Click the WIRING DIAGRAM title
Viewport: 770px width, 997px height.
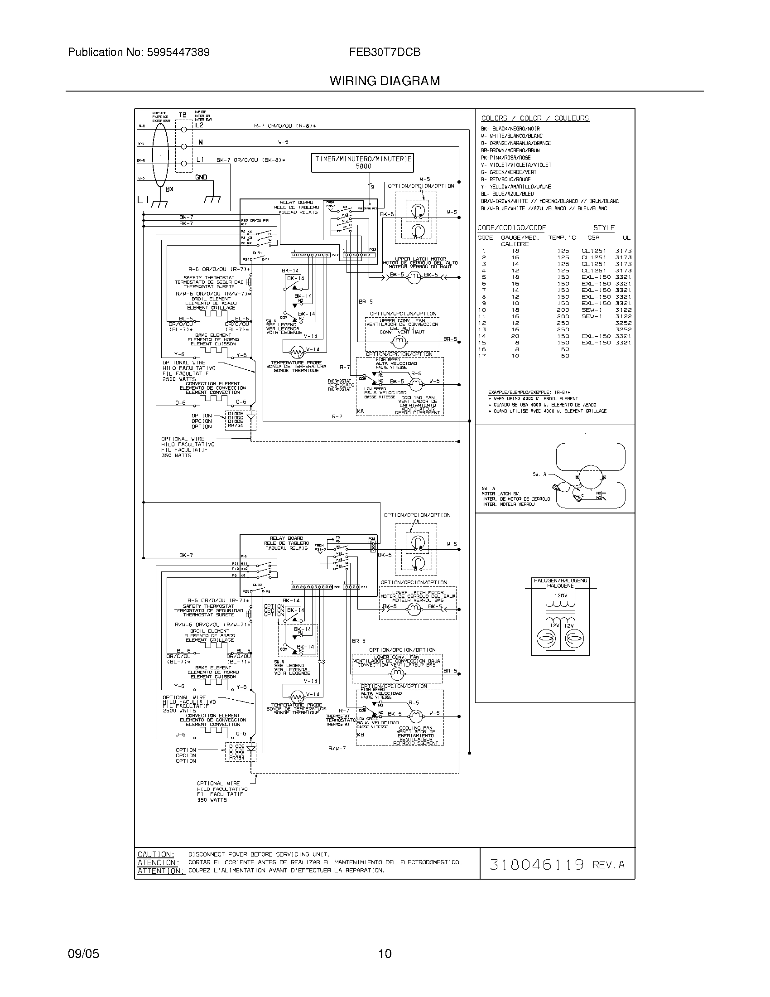(385, 81)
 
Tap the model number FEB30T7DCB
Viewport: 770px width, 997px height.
(385, 52)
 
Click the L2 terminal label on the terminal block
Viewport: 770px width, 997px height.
(199, 125)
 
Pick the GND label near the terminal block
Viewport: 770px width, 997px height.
(201, 177)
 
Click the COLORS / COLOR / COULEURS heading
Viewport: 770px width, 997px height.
(534, 118)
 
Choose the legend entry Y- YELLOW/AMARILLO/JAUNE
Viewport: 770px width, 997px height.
(516, 187)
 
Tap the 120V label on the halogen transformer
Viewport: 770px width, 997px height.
(561, 596)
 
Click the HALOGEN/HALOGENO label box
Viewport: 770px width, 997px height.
(561, 583)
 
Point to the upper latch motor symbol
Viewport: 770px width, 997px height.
(413, 277)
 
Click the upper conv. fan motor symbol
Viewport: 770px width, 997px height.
(399, 341)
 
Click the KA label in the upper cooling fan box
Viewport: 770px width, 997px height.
(361, 411)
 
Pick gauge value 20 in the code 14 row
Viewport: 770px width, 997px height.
(515, 336)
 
